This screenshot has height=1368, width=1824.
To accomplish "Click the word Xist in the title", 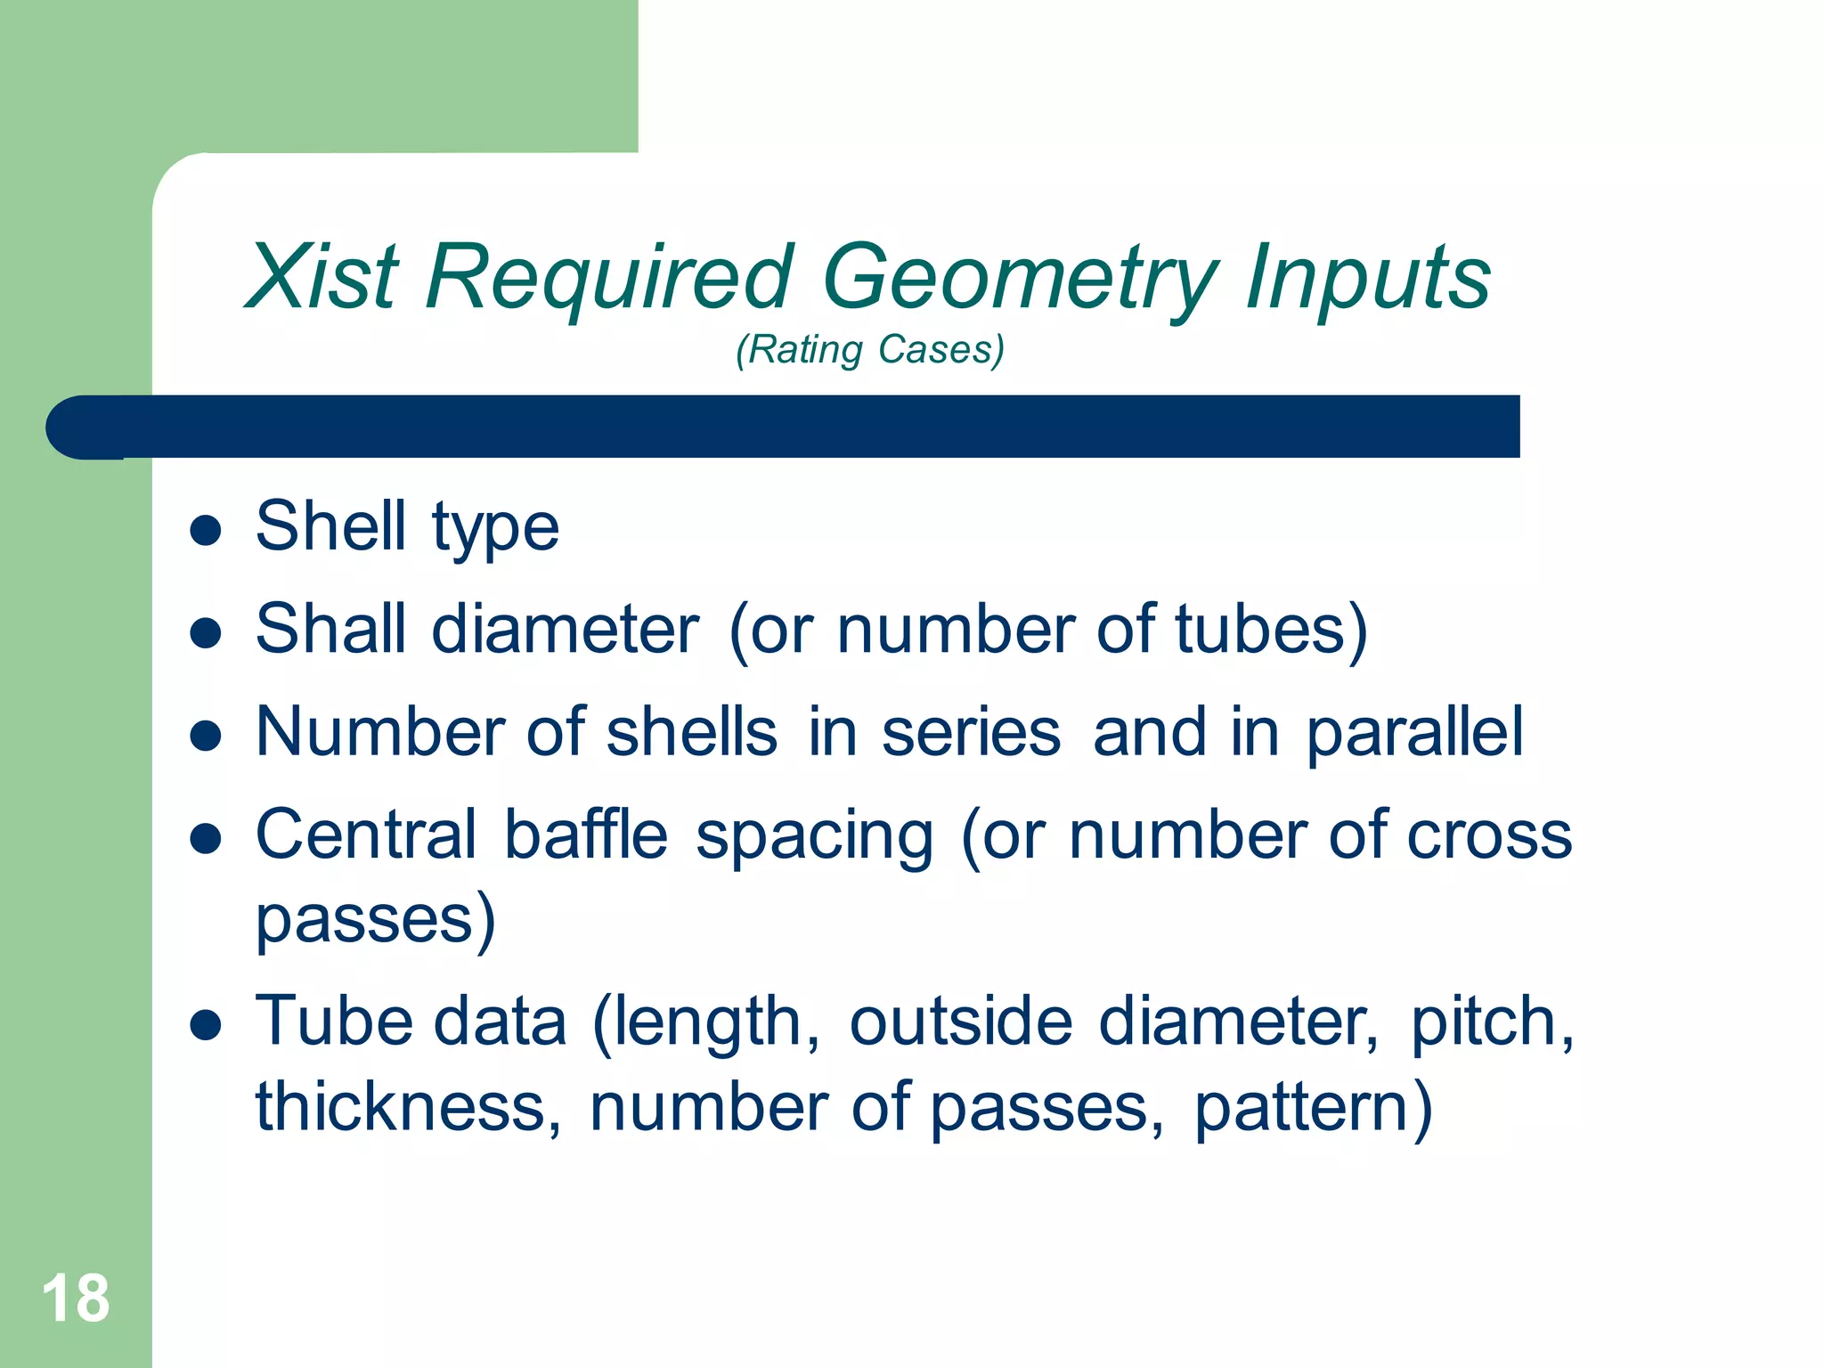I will (x=322, y=278).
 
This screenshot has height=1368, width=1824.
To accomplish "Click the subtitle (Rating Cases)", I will (x=870, y=349).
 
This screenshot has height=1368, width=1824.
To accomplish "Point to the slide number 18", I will (x=76, y=1299).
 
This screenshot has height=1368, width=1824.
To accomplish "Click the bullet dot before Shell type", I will (x=206, y=530).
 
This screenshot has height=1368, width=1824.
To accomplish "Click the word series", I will (x=971, y=732).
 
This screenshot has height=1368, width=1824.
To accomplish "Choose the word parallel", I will (x=1415, y=732).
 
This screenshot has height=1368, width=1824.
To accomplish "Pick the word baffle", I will (x=586, y=835).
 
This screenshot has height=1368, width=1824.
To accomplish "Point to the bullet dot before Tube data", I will (x=206, y=1025).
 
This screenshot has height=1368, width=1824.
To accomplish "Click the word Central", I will (x=366, y=835).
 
